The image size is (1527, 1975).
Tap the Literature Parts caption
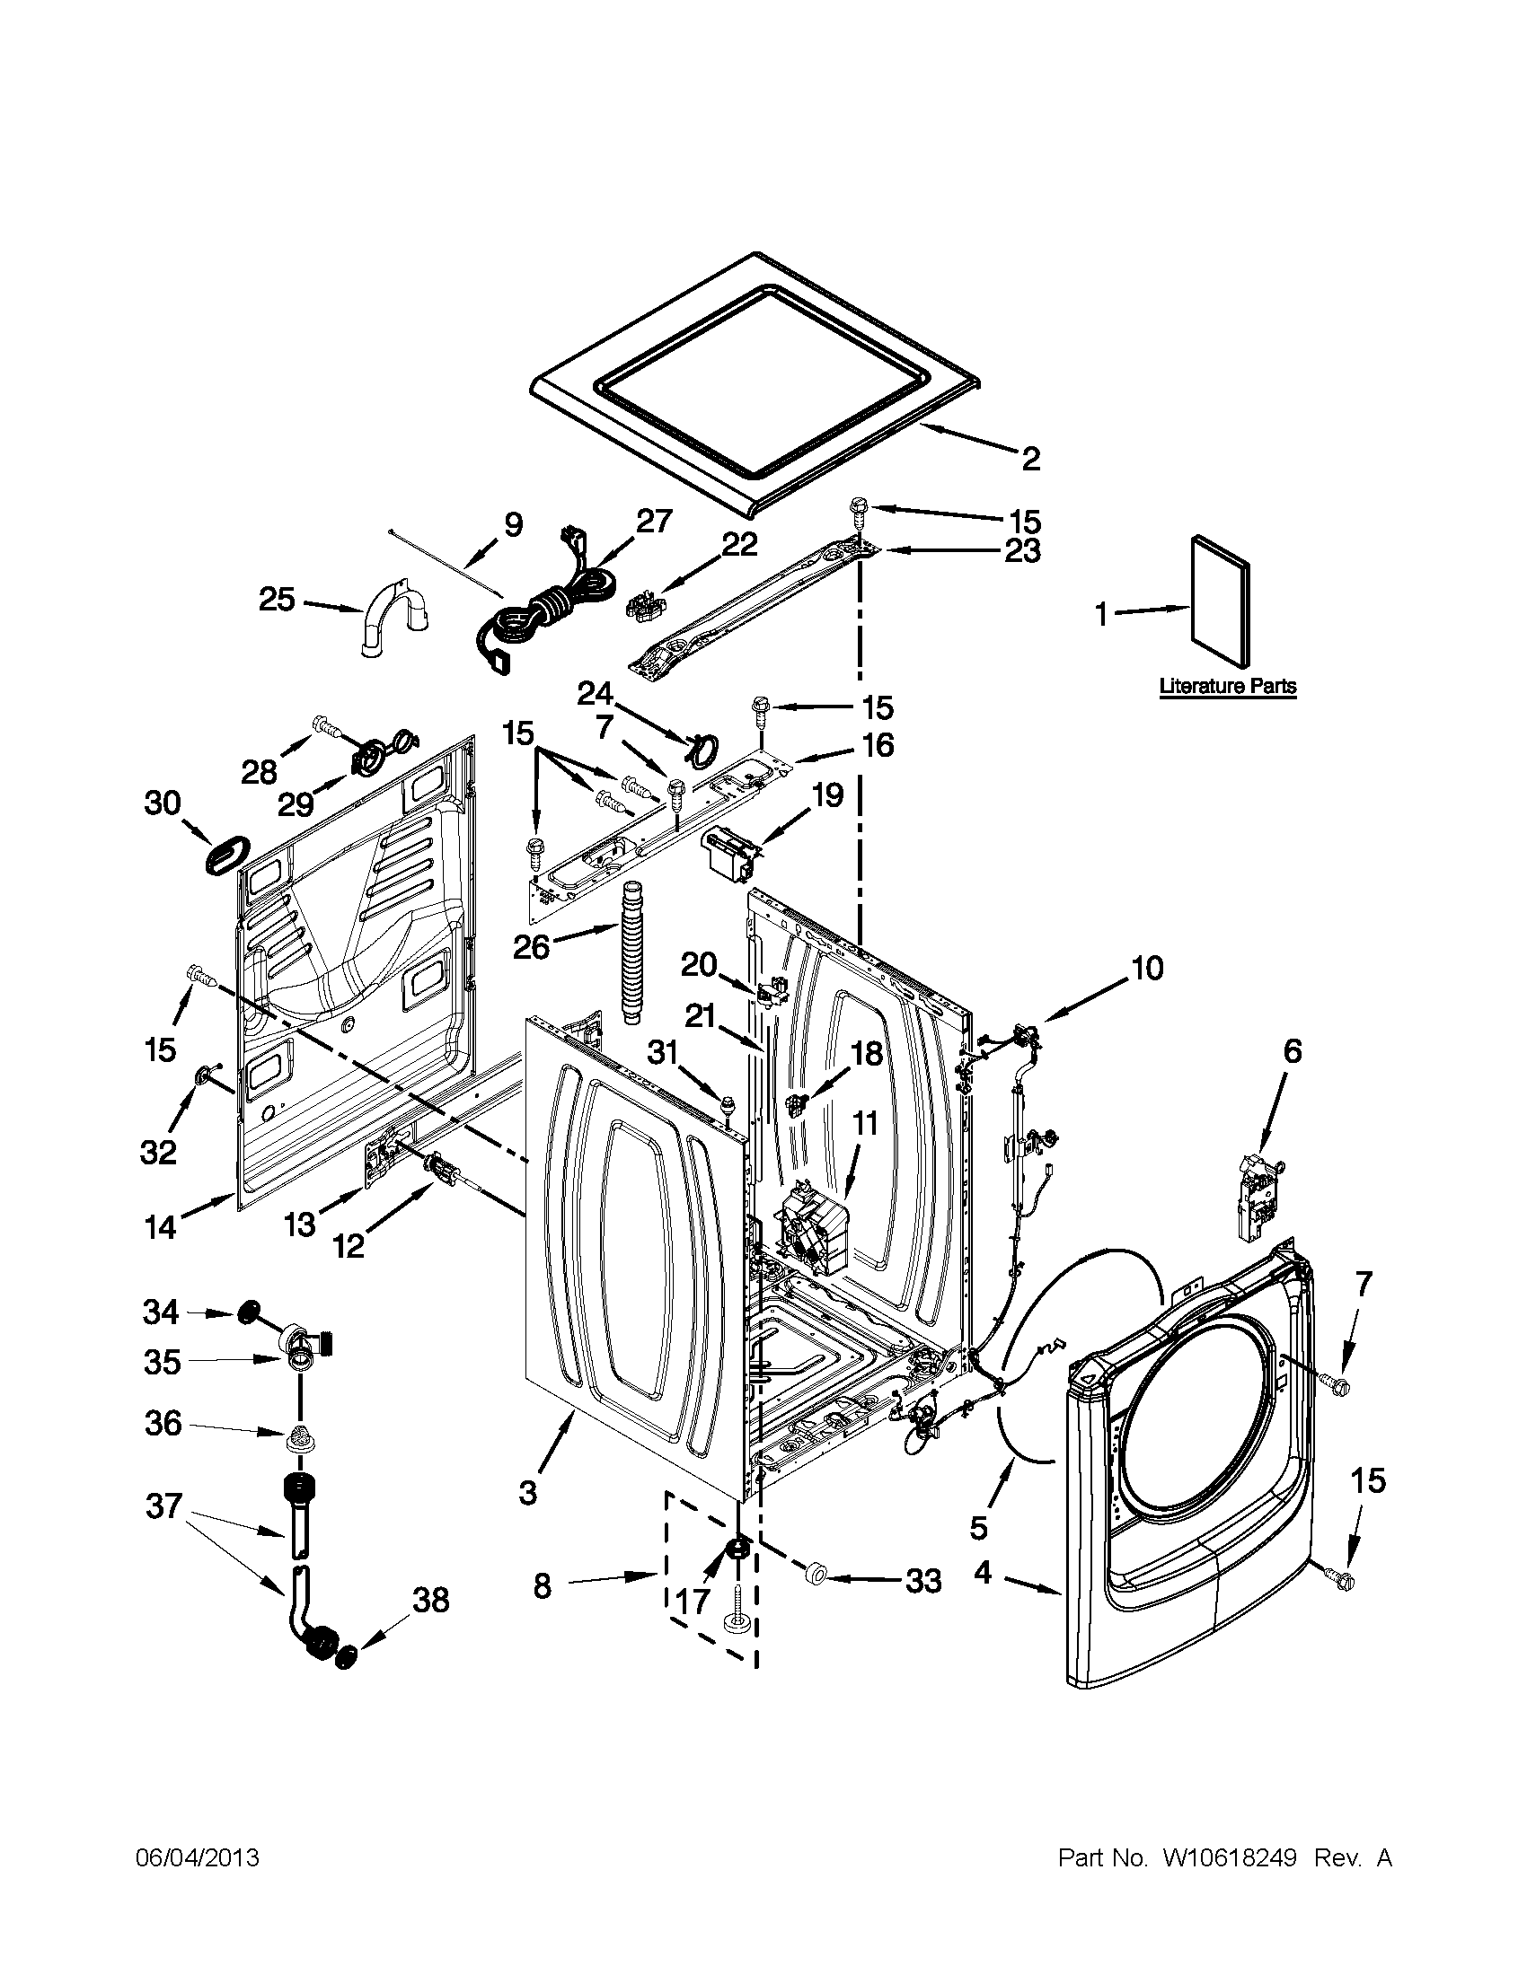point(1228,687)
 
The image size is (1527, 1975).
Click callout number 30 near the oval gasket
point(163,803)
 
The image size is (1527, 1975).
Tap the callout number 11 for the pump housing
point(865,1124)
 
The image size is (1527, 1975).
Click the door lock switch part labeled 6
point(1262,1191)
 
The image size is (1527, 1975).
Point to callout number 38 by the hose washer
point(430,1601)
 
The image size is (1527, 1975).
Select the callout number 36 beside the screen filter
point(163,1424)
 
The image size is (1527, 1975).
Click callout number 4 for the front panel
point(984,1573)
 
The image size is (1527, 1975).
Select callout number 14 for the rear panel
point(161,1227)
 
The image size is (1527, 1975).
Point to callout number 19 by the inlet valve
point(826,794)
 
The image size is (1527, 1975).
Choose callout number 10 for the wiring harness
point(1146,969)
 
